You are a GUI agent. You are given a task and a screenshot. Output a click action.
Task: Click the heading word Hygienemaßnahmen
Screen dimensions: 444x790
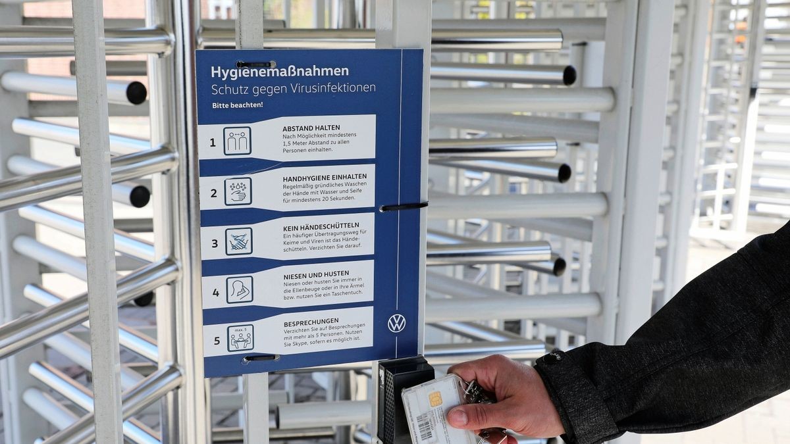point(280,71)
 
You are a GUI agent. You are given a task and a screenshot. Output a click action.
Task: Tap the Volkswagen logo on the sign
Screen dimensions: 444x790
point(396,323)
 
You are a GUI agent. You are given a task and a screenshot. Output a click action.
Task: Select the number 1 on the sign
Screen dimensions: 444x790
point(213,142)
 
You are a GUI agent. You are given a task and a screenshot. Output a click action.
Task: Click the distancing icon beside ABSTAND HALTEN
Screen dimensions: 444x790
point(237,141)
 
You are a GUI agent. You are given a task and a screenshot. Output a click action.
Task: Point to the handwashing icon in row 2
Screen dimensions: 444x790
point(238,191)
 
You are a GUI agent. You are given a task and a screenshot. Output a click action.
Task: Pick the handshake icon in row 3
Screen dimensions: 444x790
point(238,241)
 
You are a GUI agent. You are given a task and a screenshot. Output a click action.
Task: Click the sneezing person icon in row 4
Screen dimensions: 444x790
point(240,289)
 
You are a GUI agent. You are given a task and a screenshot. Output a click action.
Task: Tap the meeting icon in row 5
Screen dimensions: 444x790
point(240,338)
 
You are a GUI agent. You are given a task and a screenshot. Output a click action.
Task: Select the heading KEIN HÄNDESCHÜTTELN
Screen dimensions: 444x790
point(321,226)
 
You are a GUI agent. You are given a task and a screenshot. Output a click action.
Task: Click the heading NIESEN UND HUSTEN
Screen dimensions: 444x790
point(316,274)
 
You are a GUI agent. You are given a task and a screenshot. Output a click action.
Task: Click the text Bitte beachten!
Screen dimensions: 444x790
point(237,105)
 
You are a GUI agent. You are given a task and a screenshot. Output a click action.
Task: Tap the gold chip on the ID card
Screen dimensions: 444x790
point(435,399)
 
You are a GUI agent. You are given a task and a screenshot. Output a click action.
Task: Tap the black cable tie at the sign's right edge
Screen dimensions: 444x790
point(404,207)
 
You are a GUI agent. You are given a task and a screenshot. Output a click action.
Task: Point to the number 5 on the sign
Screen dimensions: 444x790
point(217,341)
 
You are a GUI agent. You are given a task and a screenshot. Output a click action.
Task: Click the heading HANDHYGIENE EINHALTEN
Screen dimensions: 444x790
point(325,178)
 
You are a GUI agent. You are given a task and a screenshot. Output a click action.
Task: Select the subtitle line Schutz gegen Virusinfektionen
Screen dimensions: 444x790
point(293,88)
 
